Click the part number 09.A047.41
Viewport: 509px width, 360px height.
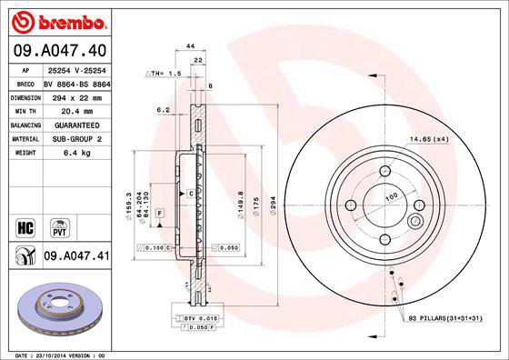[x=75, y=257]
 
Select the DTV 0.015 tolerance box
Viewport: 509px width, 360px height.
[x=195, y=317]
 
